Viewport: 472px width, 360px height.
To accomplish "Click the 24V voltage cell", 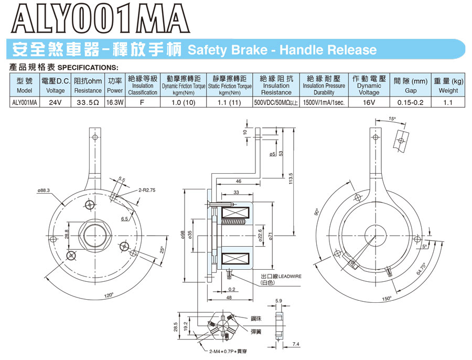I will point(56,103).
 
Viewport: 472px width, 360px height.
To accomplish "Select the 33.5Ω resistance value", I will point(88,103).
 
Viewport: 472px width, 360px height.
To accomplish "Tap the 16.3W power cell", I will point(114,103).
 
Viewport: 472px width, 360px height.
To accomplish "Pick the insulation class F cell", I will point(142,103).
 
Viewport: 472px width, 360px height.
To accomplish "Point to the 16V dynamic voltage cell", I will point(369,103).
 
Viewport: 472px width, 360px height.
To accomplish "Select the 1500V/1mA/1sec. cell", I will point(324,103).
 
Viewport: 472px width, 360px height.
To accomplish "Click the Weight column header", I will point(448,90).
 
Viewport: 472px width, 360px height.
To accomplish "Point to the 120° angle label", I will point(109,295).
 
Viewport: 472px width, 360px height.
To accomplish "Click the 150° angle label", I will point(387,299).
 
